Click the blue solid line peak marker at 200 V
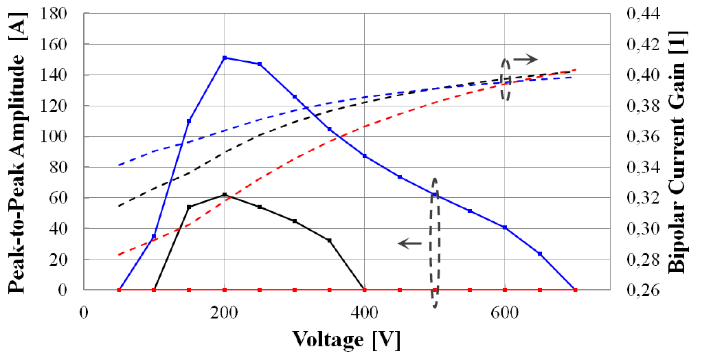(x=224, y=58)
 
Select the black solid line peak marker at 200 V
(x=224, y=195)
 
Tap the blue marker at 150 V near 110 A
(x=189, y=121)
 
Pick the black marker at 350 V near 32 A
(x=330, y=240)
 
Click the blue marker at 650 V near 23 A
(x=540, y=254)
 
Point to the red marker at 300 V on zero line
(x=295, y=290)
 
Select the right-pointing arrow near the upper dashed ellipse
(x=525, y=60)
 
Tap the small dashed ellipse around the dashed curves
(x=506, y=79)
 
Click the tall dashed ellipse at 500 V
(x=434, y=242)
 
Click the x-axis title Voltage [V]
(x=346, y=339)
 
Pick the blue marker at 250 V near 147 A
(x=259, y=64)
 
